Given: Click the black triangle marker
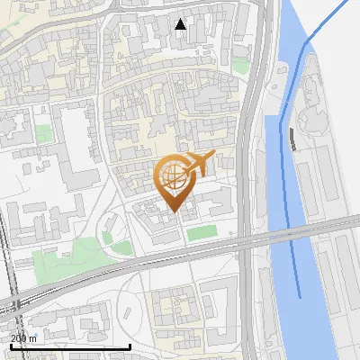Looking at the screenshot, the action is point(181,24).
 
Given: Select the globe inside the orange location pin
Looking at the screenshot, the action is point(171,175).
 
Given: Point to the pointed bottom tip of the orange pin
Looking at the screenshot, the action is point(172,211).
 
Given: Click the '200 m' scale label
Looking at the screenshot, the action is point(23,338).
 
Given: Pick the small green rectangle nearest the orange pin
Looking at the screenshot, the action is point(202,233).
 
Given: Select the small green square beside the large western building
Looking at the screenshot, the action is point(43,134).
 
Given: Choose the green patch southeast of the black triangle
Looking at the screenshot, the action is point(239,66).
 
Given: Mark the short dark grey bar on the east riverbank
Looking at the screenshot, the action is point(293,139).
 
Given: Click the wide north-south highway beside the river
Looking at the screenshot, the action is point(250,180).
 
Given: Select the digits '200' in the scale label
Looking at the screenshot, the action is point(18,338).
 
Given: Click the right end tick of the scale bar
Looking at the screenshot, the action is point(130,346).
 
